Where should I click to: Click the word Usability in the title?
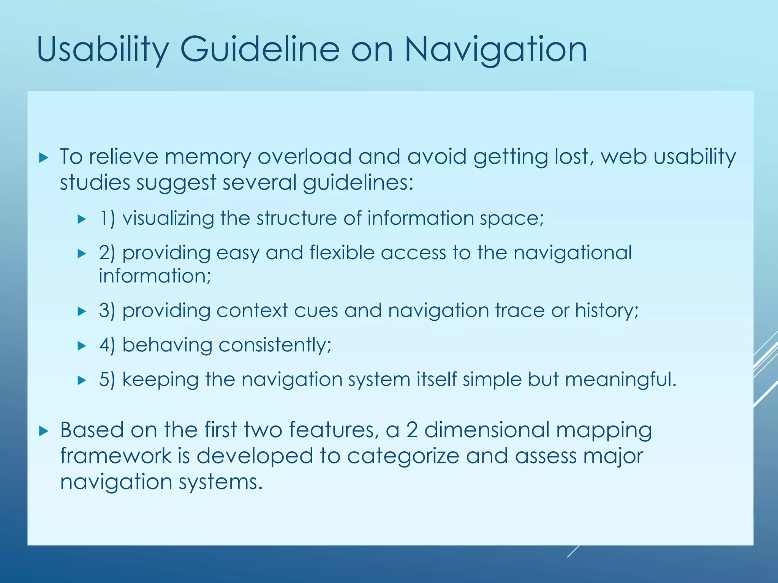click(103, 49)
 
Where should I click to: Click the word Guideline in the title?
click(259, 49)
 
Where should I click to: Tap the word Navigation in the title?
click(495, 49)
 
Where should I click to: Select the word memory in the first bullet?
click(208, 156)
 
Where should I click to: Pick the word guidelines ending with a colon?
click(357, 183)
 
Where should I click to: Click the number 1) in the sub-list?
click(107, 219)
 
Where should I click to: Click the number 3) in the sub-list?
click(107, 311)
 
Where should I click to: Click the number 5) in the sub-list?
click(107, 380)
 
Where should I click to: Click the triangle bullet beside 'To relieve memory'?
click(44, 158)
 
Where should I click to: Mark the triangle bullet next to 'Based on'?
click(44, 431)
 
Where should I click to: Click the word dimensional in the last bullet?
click(487, 430)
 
